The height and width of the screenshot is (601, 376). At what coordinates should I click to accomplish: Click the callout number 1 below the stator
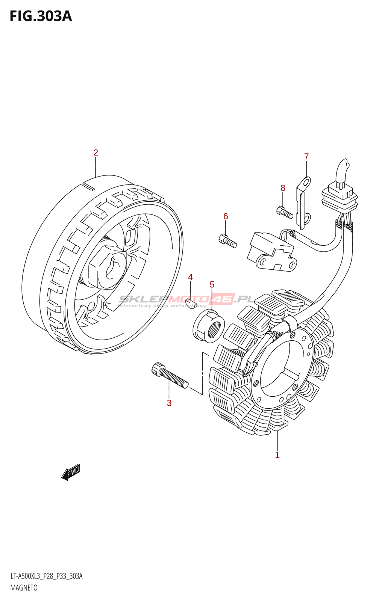click(277, 455)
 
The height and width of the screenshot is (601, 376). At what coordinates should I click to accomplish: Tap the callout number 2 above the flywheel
click(96, 153)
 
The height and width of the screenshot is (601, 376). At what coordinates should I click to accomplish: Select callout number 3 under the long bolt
click(169, 403)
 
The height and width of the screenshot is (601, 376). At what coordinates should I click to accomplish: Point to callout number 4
click(190, 277)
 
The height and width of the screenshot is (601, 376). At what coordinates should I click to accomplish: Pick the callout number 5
click(212, 285)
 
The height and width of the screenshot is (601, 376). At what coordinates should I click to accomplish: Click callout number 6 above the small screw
click(226, 216)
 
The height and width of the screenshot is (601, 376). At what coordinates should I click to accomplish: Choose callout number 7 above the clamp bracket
click(306, 156)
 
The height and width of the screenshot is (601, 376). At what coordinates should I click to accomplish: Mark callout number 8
click(283, 188)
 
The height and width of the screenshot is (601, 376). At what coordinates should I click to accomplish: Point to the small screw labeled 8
click(285, 213)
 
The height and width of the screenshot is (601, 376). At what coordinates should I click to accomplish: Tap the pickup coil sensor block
click(271, 252)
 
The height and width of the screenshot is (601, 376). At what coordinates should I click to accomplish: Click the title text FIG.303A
click(41, 16)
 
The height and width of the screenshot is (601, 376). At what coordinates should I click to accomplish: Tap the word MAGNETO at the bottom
click(24, 588)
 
